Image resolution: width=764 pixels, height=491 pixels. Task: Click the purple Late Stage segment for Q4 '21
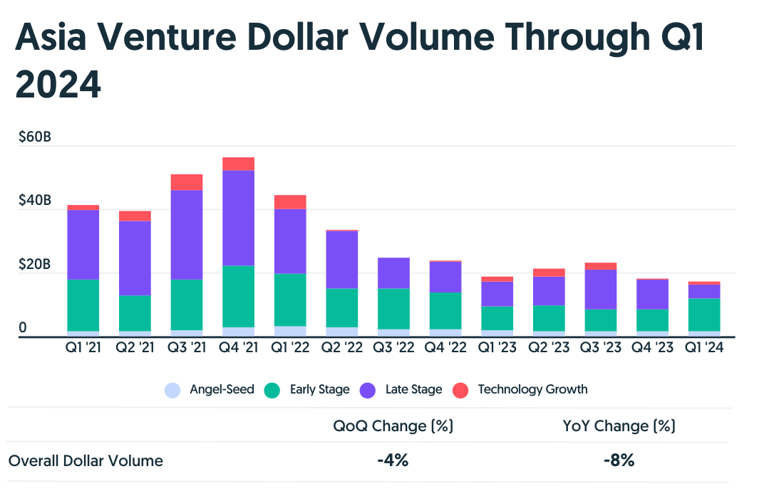238,218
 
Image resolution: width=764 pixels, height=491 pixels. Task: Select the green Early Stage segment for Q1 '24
704,315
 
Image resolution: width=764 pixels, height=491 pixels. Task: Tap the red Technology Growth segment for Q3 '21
187,182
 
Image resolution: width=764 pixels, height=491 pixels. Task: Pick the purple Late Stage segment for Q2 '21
135,258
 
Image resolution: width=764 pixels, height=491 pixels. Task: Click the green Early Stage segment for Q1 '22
290,300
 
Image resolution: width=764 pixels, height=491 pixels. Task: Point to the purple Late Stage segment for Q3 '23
600,290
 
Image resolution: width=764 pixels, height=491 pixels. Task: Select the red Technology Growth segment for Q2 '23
549,273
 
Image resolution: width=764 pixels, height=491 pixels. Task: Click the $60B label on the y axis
35,137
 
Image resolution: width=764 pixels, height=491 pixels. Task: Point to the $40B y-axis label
35,201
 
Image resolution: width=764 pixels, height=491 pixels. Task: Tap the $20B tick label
35,265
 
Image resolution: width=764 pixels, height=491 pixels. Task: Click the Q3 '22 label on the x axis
394,349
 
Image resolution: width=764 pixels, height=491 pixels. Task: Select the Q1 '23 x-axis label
497,349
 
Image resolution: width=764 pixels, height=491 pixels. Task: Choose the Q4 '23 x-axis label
652,349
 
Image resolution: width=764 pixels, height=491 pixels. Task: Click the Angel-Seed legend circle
172,390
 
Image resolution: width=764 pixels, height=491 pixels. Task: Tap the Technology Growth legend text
532,389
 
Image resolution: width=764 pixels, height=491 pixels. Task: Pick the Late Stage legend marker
368,390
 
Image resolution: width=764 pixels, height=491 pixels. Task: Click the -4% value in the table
393,460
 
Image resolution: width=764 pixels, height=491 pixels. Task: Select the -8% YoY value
618,460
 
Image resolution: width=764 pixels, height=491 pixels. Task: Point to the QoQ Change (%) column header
393,426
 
